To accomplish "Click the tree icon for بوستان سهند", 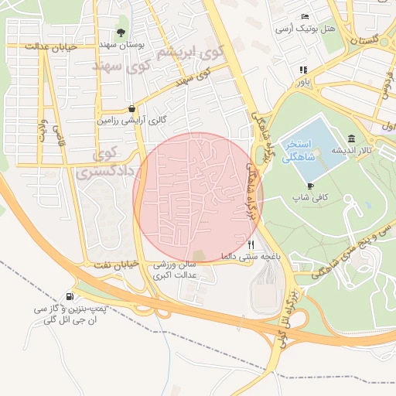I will (x=121, y=32).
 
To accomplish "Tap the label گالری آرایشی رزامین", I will (x=131, y=121).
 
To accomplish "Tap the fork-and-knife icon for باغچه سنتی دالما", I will (x=250, y=244).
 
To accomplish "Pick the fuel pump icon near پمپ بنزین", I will (x=71, y=296).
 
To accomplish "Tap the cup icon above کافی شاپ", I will (x=310, y=186).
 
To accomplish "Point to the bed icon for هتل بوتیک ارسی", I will (x=306, y=17).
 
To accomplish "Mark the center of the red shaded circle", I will (x=198, y=197).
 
